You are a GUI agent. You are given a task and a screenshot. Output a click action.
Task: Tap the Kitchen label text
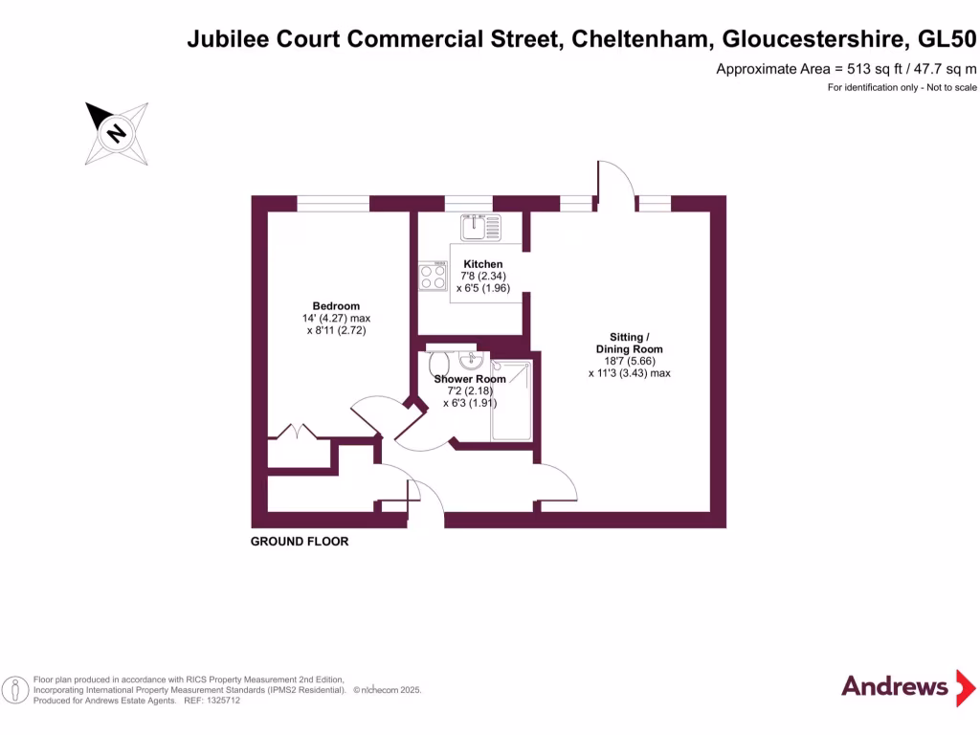click(x=482, y=264)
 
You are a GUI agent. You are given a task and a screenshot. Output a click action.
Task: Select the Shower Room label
click(x=470, y=379)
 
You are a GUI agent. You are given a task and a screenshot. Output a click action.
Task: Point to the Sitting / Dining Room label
click(x=629, y=343)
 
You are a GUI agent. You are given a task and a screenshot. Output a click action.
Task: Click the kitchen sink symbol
click(x=480, y=227)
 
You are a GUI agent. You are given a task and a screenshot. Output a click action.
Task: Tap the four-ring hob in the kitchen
click(x=434, y=277)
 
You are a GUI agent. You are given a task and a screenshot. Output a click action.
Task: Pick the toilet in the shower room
click(x=440, y=363)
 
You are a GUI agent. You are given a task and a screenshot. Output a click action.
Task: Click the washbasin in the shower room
click(x=470, y=362)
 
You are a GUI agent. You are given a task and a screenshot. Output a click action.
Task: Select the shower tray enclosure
click(x=511, y=400)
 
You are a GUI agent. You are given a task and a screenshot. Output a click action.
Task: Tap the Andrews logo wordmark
click(x=894, y=685)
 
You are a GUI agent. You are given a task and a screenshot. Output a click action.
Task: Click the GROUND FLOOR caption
click(x=300, y=542)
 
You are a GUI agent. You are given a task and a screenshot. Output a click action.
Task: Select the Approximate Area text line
click(x=846, y=69)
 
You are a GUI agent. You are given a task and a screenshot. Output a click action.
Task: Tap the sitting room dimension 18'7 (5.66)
click(x=630, y=361)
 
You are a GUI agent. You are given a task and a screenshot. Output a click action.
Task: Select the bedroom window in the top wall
click(x=333, y=203)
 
